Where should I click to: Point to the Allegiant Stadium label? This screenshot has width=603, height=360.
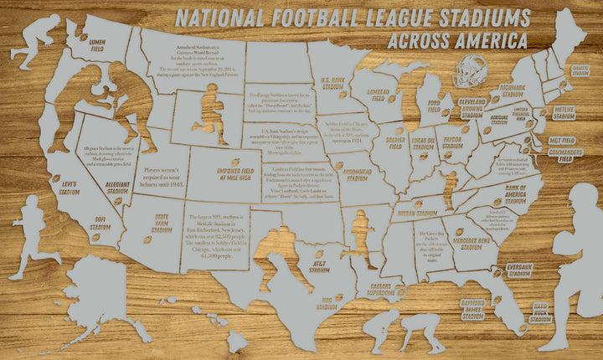pos(117,185)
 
